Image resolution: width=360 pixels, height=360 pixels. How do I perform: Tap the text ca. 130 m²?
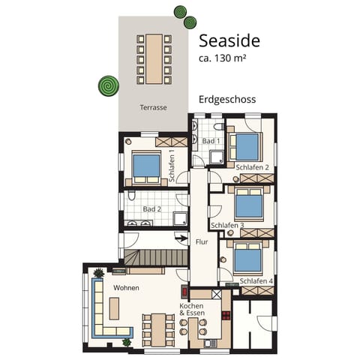223,58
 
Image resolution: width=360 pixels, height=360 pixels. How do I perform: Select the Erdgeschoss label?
229,99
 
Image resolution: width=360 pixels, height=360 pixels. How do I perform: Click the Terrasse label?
152,107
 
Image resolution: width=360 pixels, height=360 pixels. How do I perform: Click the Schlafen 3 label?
228,225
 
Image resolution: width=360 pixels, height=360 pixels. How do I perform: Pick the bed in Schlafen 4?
248,259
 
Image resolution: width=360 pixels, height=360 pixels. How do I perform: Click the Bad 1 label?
210,140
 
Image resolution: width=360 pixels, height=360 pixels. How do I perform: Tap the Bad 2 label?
152,209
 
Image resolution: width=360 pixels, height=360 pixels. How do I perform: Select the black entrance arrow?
181,239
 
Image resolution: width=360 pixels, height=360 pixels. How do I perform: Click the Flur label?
202,242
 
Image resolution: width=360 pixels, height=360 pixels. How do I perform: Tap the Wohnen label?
127,287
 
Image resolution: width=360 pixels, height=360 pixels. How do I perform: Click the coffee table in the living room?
115,307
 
